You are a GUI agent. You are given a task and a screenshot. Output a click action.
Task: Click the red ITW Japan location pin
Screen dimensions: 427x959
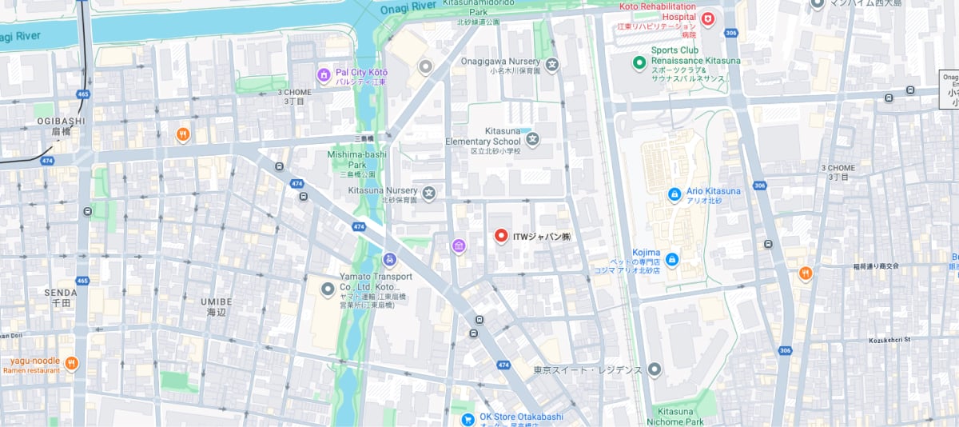tap(501, 236)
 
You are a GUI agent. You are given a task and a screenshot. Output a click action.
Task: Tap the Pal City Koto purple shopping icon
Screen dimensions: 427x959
tap(324, 75)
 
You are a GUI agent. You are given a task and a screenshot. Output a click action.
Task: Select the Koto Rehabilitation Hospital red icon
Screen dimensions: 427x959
tap(707, 18)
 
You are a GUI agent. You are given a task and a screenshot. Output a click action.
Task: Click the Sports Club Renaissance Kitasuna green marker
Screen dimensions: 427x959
tap(639, 62)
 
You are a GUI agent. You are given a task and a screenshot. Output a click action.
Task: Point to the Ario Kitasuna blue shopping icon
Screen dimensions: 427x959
tap(674, 194)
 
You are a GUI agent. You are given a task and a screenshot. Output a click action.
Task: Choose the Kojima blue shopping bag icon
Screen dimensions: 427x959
tap(671, 259)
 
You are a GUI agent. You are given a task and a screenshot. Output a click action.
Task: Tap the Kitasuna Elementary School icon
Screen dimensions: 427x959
tap(532, 140)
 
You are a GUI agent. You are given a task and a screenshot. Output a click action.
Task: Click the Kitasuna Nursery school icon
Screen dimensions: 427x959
tap(429, 193)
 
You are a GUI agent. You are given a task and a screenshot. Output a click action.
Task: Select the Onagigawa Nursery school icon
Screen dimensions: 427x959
tap(551, 64)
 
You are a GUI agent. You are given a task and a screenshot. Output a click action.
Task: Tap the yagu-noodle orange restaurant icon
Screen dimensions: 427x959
tap(72, 363)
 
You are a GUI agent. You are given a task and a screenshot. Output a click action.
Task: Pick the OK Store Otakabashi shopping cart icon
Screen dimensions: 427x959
tap(468, 419)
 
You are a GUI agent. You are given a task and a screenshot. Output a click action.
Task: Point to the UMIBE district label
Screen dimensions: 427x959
tap(217, 301)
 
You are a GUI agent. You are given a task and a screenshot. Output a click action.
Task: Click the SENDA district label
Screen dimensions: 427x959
tap(61, 293)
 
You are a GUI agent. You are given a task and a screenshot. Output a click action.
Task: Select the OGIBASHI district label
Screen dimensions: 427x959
tap(61, 121)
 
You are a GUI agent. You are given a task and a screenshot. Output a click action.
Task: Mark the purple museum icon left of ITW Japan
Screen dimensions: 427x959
tap(459, 245)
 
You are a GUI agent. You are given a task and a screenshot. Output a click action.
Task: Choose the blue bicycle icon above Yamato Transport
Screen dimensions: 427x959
tap(389, 259)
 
